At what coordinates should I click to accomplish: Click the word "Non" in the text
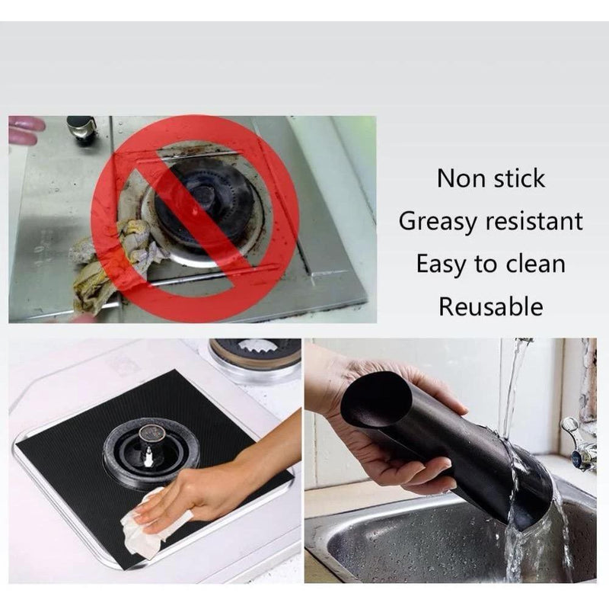459,178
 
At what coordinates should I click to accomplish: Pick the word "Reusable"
490,307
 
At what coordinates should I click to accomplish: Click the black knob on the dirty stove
81,127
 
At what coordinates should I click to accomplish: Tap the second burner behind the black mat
256,354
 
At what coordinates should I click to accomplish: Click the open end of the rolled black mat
376,399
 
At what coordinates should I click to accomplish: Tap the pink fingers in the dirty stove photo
25,130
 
